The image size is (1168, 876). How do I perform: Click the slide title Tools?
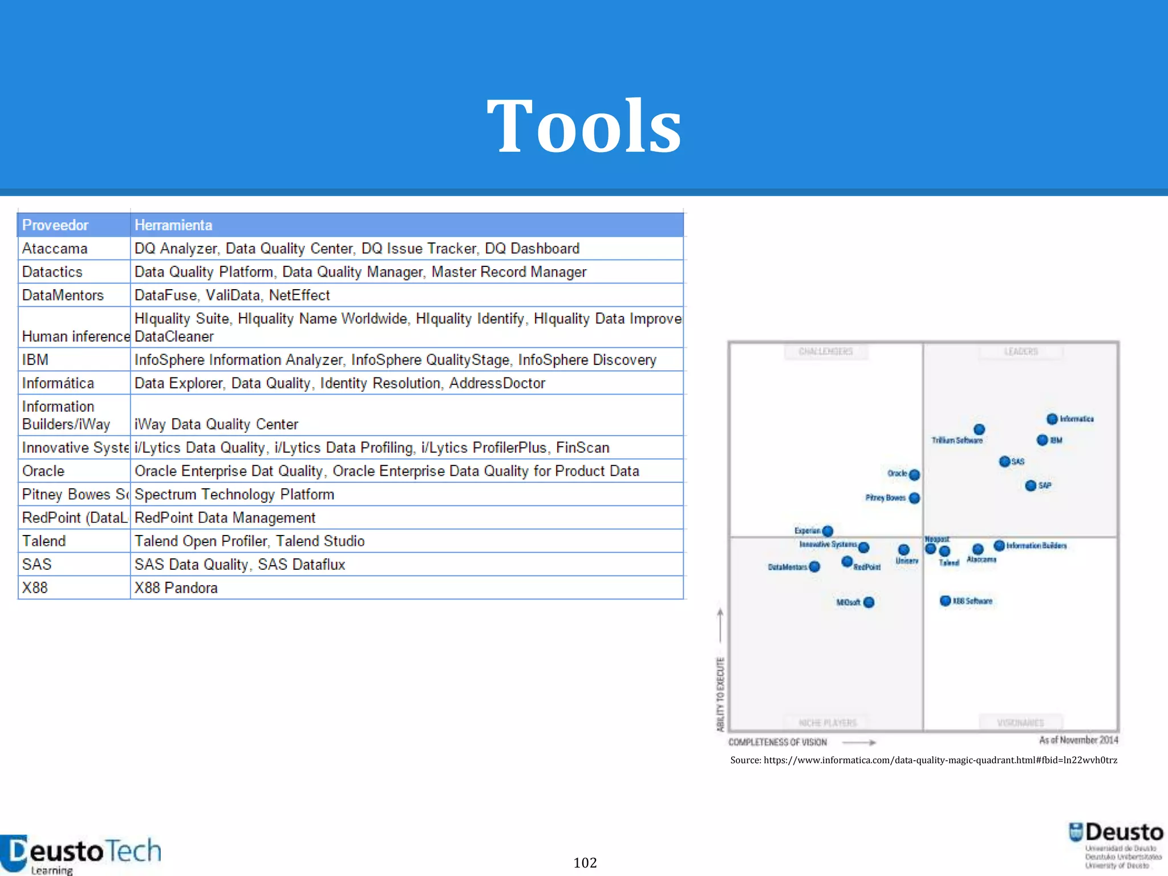click(583, 126)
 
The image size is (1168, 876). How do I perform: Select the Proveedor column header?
click(55, 225)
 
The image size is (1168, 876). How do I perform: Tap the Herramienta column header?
click(173, 225)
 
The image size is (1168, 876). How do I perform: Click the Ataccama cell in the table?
click(55, 249)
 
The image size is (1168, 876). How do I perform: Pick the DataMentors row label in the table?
click(63, 295)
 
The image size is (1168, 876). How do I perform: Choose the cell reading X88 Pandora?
click(176, 588)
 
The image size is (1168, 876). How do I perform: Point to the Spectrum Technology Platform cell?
click(234, 494)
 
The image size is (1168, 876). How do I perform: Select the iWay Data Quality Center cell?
click(216, 424)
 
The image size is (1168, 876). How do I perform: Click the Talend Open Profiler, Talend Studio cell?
click(249, 541)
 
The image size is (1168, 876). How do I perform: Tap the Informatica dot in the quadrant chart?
click(1052, 419)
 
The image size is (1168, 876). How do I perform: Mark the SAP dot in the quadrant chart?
click(1031, 485)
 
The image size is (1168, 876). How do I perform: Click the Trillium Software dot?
click(979, 429)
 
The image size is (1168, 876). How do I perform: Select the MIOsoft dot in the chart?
click(869, 602)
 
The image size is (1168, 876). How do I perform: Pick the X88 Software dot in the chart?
click(945, 601)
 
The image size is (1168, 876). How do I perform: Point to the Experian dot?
click(828, 531)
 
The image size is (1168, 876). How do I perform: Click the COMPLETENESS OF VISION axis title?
click(777, 742)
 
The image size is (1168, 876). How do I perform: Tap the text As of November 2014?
click(1078, 740)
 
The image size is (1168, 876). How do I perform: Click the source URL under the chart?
click(923, 760)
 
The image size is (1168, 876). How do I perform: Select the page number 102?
click(585, 863)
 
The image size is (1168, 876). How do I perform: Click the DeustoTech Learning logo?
click(80, 854)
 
